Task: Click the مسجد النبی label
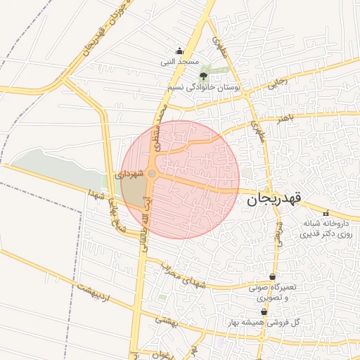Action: coord(179,62)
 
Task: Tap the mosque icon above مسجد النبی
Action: coord(179,51)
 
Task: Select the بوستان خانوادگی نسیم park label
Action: coord(205,87)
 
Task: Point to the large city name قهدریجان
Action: coord(274,200)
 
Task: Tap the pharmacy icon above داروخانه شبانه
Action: coord(325,212)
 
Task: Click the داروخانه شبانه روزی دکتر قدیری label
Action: coord(326,228)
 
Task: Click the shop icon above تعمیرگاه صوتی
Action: coord(272,276)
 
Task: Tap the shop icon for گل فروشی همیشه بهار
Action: coord(264,311)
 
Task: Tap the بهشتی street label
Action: coord(167,321)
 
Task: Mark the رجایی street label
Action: coord(280,83)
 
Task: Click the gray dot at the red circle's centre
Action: coord(152,173)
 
